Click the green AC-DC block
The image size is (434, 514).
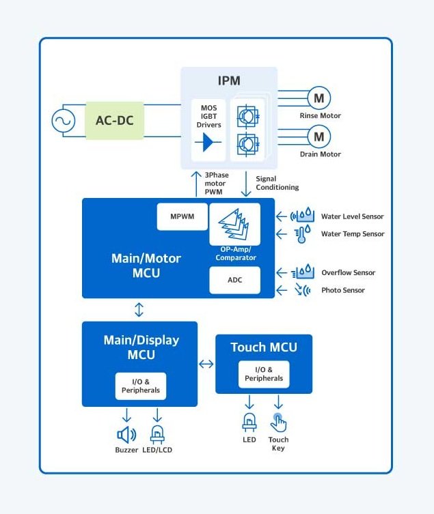point(115,121)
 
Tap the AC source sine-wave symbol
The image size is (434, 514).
point(64,122)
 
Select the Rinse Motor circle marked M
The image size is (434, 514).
point(318,98)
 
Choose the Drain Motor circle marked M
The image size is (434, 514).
point(318,137)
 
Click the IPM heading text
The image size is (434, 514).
point(229,81)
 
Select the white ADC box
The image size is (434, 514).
point(234,280)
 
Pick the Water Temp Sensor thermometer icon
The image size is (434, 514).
point(301,234)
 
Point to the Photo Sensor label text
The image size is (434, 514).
point(343,290)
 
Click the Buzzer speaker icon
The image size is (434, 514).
point(126,433)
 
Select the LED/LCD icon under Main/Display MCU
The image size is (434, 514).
point(157,433)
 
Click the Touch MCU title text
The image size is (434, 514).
point(264,347)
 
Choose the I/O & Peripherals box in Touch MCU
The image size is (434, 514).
point(264,374)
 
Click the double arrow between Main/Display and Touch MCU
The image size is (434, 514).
point(206,364)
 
